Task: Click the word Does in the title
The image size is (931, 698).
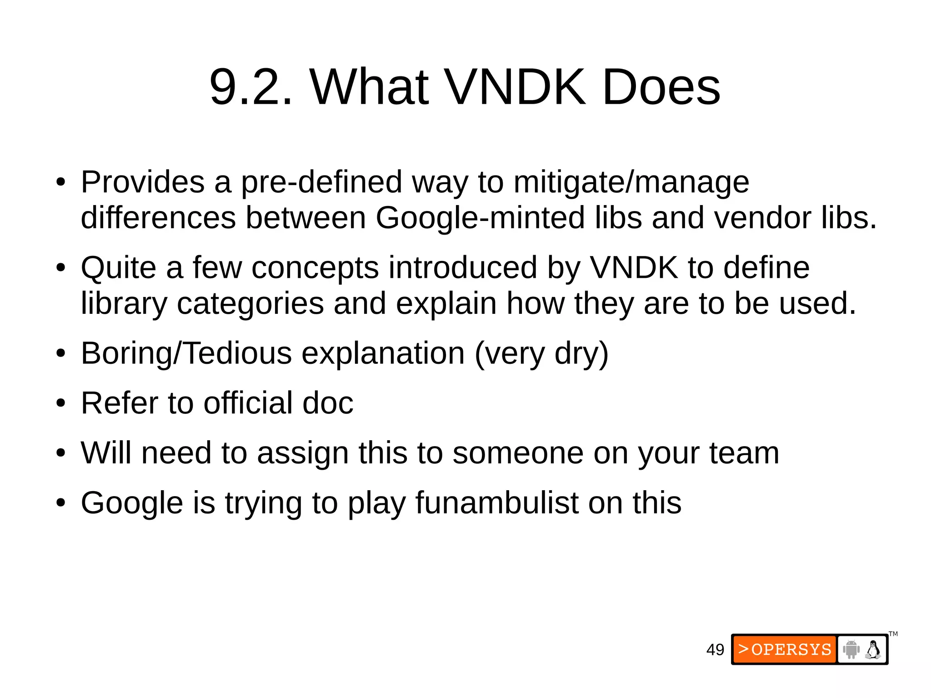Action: coord(661,86)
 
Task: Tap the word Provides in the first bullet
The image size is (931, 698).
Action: coord(143,182)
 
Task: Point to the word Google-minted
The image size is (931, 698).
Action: coord(480,217)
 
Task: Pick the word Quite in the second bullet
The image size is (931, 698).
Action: coord(119,268)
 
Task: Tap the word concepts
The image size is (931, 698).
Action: coord(315,268)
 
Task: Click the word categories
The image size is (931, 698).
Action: coord(250,304)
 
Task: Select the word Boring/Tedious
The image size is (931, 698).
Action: coord(186,353)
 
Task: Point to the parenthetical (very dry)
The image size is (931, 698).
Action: coord(541,354)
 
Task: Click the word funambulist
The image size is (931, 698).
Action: coord(497,503)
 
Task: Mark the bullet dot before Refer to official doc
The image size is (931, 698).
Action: coord(61,404)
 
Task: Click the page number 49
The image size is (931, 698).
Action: coord(715,650)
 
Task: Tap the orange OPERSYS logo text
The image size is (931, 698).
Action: coord(785,649)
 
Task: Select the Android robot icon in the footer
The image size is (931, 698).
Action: coord(851,649)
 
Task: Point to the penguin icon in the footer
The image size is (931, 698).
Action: coord(873,649)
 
